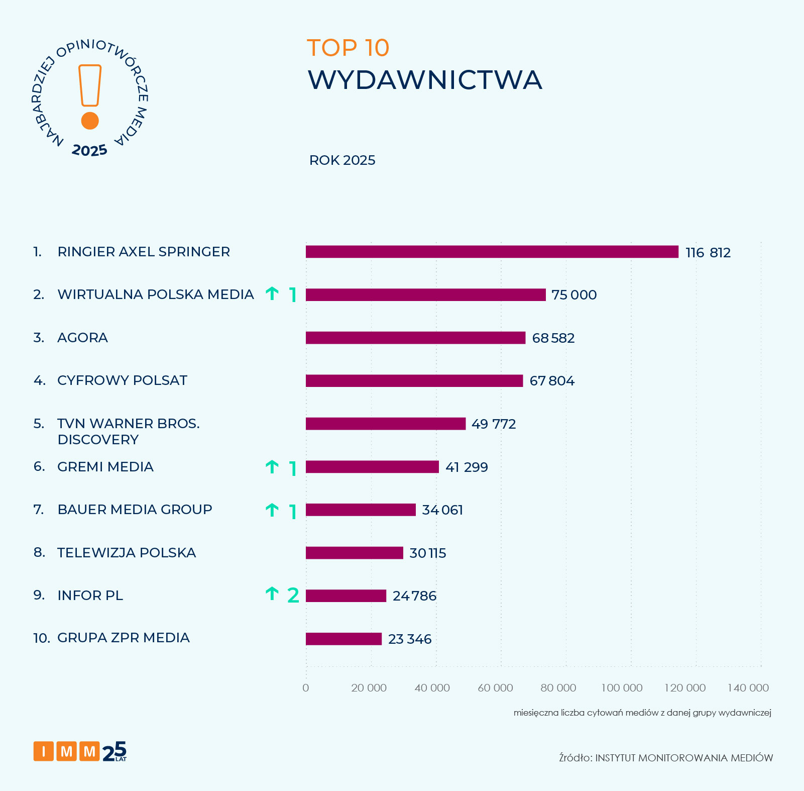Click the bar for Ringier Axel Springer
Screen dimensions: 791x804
coord(492,252)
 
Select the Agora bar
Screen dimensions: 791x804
coord(415,338)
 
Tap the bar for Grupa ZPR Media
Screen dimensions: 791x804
coord(343,639)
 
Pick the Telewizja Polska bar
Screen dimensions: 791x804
coord(354,553)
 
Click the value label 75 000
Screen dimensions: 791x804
coord(574,295)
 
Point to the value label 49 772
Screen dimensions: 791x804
coord(494,424)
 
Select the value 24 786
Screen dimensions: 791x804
coord(414,596)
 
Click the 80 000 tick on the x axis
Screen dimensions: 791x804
coord(558,688)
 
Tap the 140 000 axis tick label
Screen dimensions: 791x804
coord(748,688)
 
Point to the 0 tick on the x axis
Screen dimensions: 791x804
coord(306,688)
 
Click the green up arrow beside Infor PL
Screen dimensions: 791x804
coord(272,594)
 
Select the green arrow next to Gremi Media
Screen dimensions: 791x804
coord(272,467)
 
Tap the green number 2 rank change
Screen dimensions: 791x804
coord(293,596)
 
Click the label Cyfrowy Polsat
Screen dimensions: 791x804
coord(122,380)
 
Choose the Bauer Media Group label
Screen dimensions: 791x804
coord(135,510)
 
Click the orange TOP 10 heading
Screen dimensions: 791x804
coord(348,48)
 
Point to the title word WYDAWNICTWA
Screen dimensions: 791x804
coord(425,80)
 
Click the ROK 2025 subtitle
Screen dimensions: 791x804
coord(342,160)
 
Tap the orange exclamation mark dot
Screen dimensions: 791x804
coord(90,121)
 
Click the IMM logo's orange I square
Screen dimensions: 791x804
coord(44,752)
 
